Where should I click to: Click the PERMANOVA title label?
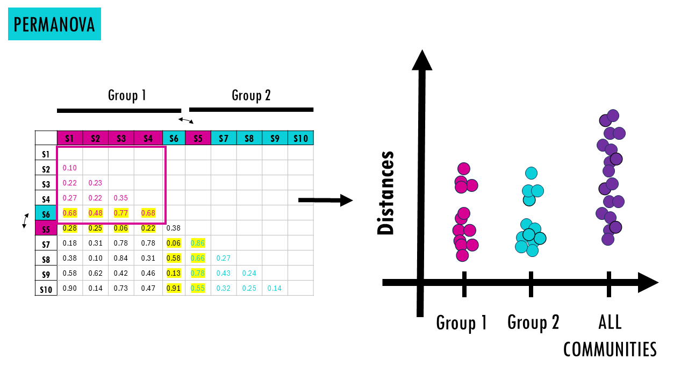(54, 24)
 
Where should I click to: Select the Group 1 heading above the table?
(127, 95)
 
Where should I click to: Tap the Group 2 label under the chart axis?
(533, 322)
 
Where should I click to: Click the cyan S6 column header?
(174, 138)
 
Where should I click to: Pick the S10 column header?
(300, 138)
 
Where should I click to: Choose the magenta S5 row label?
(46, 229)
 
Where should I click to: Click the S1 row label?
(46, 154)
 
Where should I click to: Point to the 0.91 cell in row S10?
(174, 288)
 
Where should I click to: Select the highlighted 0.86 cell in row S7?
(198, 243)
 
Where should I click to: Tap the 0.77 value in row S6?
(121, 213)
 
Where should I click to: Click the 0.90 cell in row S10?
(70, 288)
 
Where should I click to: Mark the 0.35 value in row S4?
(121, 198)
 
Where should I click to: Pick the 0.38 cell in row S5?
(174, 228)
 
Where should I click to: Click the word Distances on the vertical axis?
(385, 193)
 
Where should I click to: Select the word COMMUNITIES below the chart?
(610, 349)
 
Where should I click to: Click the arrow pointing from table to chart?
(325, 200)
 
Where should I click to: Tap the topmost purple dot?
(613, 116)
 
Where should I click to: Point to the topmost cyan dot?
(531, 173)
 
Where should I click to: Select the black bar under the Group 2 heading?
(251, 110)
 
